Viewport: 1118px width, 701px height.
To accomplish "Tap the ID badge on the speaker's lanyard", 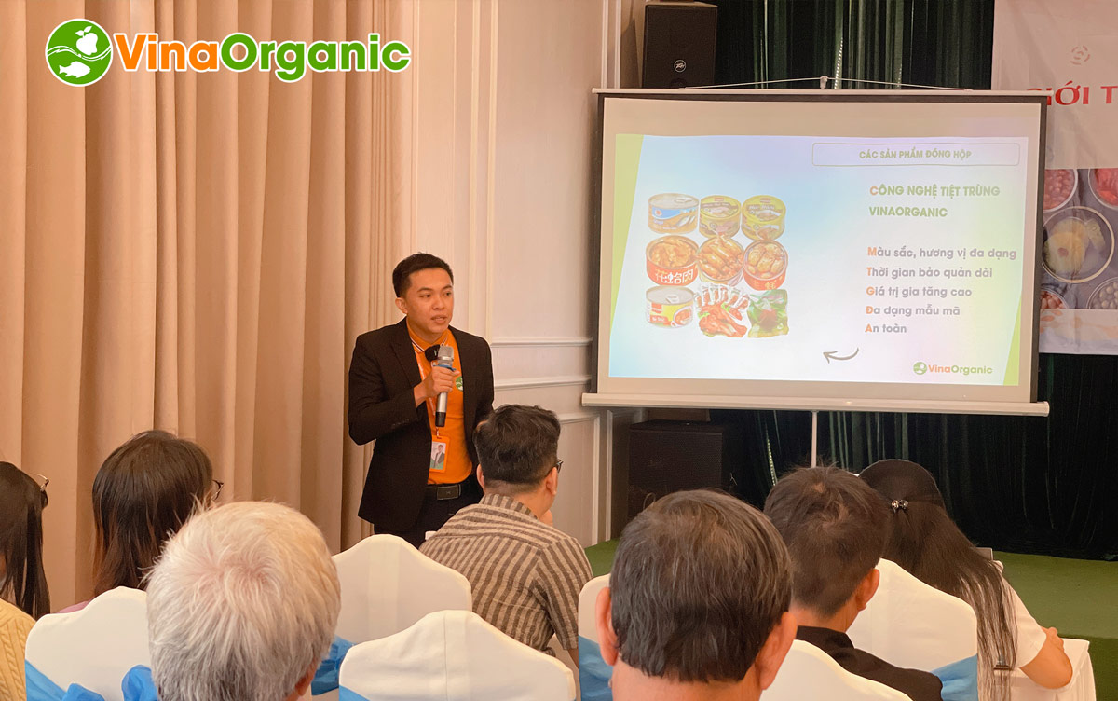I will point(438,454).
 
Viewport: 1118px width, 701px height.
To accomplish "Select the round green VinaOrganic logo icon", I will point(78,52).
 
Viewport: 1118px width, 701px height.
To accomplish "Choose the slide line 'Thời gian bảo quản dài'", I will point(928,272).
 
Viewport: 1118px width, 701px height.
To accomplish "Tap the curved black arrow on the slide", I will point(840,355).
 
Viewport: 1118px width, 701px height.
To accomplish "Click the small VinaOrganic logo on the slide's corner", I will point(952,369).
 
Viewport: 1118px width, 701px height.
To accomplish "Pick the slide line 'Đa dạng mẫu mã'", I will point(913,309).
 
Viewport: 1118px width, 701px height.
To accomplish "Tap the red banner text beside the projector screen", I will point(1072,96).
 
